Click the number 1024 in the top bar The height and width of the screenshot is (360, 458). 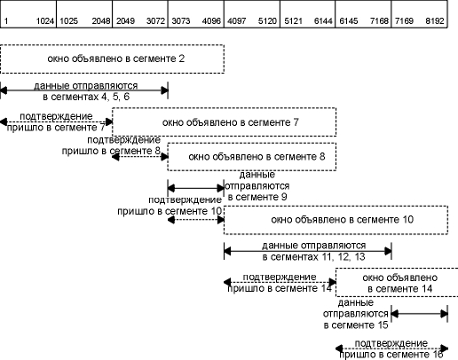(x=45, y=21)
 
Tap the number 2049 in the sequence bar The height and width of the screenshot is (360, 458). (x=125, y=21)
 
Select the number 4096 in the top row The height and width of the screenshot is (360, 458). (x=211, y=21)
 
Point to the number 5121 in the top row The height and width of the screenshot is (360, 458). (x=293, y=21)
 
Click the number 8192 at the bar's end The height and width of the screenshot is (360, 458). (x=435, y=21)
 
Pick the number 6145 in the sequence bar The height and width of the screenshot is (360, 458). (x=349, y=21)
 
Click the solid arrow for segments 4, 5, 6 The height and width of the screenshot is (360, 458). (x=84, y=90)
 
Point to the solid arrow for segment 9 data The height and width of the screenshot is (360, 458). (x=196, y=188)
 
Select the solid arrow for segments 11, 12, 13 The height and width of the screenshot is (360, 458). (x=308, y=251)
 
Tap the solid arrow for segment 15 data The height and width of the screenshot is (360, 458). (x=420, y=314)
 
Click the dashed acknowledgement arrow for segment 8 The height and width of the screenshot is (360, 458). (x=140, y=157)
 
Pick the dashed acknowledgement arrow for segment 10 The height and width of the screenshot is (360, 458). (x=196, y=220)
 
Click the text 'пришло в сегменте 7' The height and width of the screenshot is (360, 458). (x=56, y=128)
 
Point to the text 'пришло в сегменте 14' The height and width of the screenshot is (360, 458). (x=280, y=288)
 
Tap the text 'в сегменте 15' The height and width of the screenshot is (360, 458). (x=356, y=325)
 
